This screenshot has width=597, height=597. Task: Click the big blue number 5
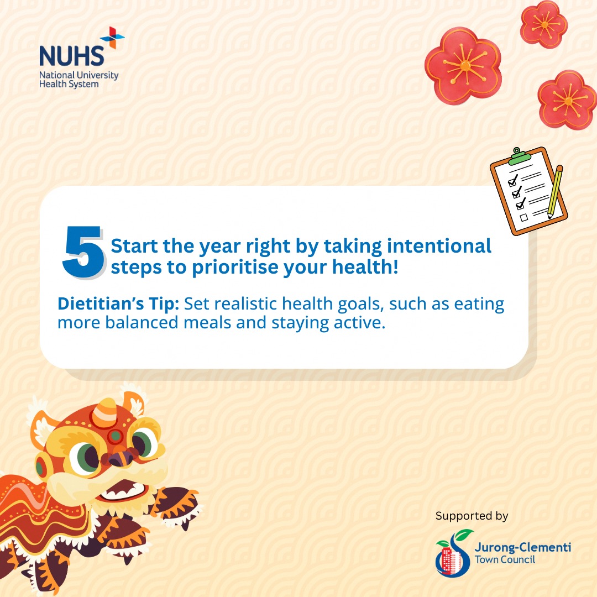click(83, 252)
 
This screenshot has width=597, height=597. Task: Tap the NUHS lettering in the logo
click(71, 56)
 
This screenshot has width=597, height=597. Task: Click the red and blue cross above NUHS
click(112, 38)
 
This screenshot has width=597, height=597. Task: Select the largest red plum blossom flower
click(463, 65)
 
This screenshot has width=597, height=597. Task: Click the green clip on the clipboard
click(519, 156)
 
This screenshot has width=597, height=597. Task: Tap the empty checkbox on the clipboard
click(524, 217)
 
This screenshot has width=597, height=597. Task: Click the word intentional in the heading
click(439, 246)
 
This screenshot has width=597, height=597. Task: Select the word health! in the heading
click(365, 267)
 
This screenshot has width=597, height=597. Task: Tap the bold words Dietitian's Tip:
click(118, 304)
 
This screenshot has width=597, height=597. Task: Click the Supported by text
click(472, 516)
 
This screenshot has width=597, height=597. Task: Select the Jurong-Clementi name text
click(523, 547)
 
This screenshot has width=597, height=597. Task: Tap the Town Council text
click(505, 559)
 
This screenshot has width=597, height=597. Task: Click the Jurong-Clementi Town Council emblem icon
click(453, 552)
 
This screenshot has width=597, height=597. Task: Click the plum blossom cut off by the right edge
click(567, 99)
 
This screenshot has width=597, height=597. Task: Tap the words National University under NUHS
click(79, 75)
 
